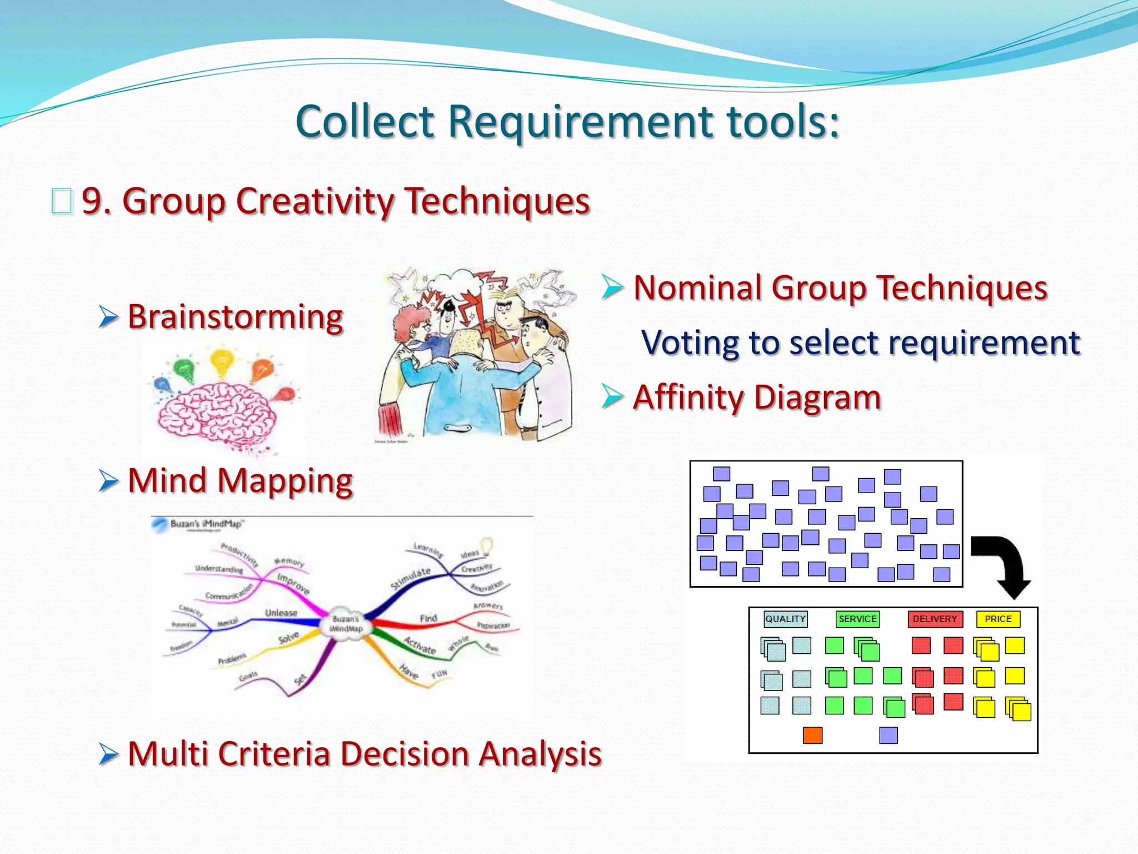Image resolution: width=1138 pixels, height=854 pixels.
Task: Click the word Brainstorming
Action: tap(235, 318)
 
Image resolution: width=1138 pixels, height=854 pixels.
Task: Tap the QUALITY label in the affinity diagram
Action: tap(785, 619)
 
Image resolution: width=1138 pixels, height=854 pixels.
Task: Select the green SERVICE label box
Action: tap(857, 619)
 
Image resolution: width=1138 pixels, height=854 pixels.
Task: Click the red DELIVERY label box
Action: tap(935, 619)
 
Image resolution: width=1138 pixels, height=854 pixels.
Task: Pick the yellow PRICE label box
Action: tap(998, 619)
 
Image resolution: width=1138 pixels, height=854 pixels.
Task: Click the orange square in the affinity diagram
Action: tap(812, 735)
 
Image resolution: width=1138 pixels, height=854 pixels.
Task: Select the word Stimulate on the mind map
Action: tap(410, 578)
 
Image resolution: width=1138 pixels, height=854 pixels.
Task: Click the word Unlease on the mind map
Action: tap(281, 613)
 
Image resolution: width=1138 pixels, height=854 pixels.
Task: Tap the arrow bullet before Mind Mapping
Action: tap(108, 481)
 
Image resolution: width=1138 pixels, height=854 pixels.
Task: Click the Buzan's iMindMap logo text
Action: tap(206, 524)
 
